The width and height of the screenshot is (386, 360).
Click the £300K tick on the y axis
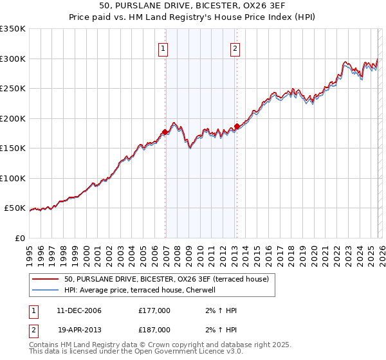click(x=13, y=59)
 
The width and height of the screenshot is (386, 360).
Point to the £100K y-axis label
click(x=13, y=178)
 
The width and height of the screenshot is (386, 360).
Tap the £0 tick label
click(x=20, y=238)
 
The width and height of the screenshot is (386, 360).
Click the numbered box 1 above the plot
click(x=163, y=48)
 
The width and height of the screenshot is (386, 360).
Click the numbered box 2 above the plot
click(x=235, y=48)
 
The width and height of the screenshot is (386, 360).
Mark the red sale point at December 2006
click(x=165, y=132)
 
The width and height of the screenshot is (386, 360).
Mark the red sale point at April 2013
click(x=237, y=126)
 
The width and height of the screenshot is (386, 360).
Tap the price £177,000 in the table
click(x=154, y=310)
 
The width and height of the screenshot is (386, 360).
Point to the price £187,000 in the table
click(x=154, y=329)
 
